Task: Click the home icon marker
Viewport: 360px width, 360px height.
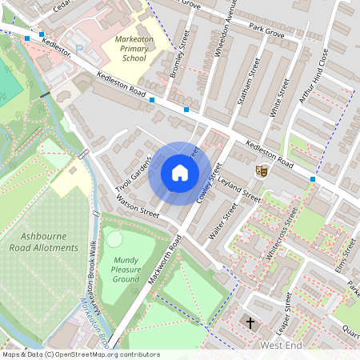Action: click(180, 173)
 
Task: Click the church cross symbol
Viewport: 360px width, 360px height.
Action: click(250, 323)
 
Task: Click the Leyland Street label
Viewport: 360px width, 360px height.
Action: click(240, 188)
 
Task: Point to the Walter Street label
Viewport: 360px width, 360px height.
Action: click(223, 221)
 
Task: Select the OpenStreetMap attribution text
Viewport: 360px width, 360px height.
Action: click(81, 354)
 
